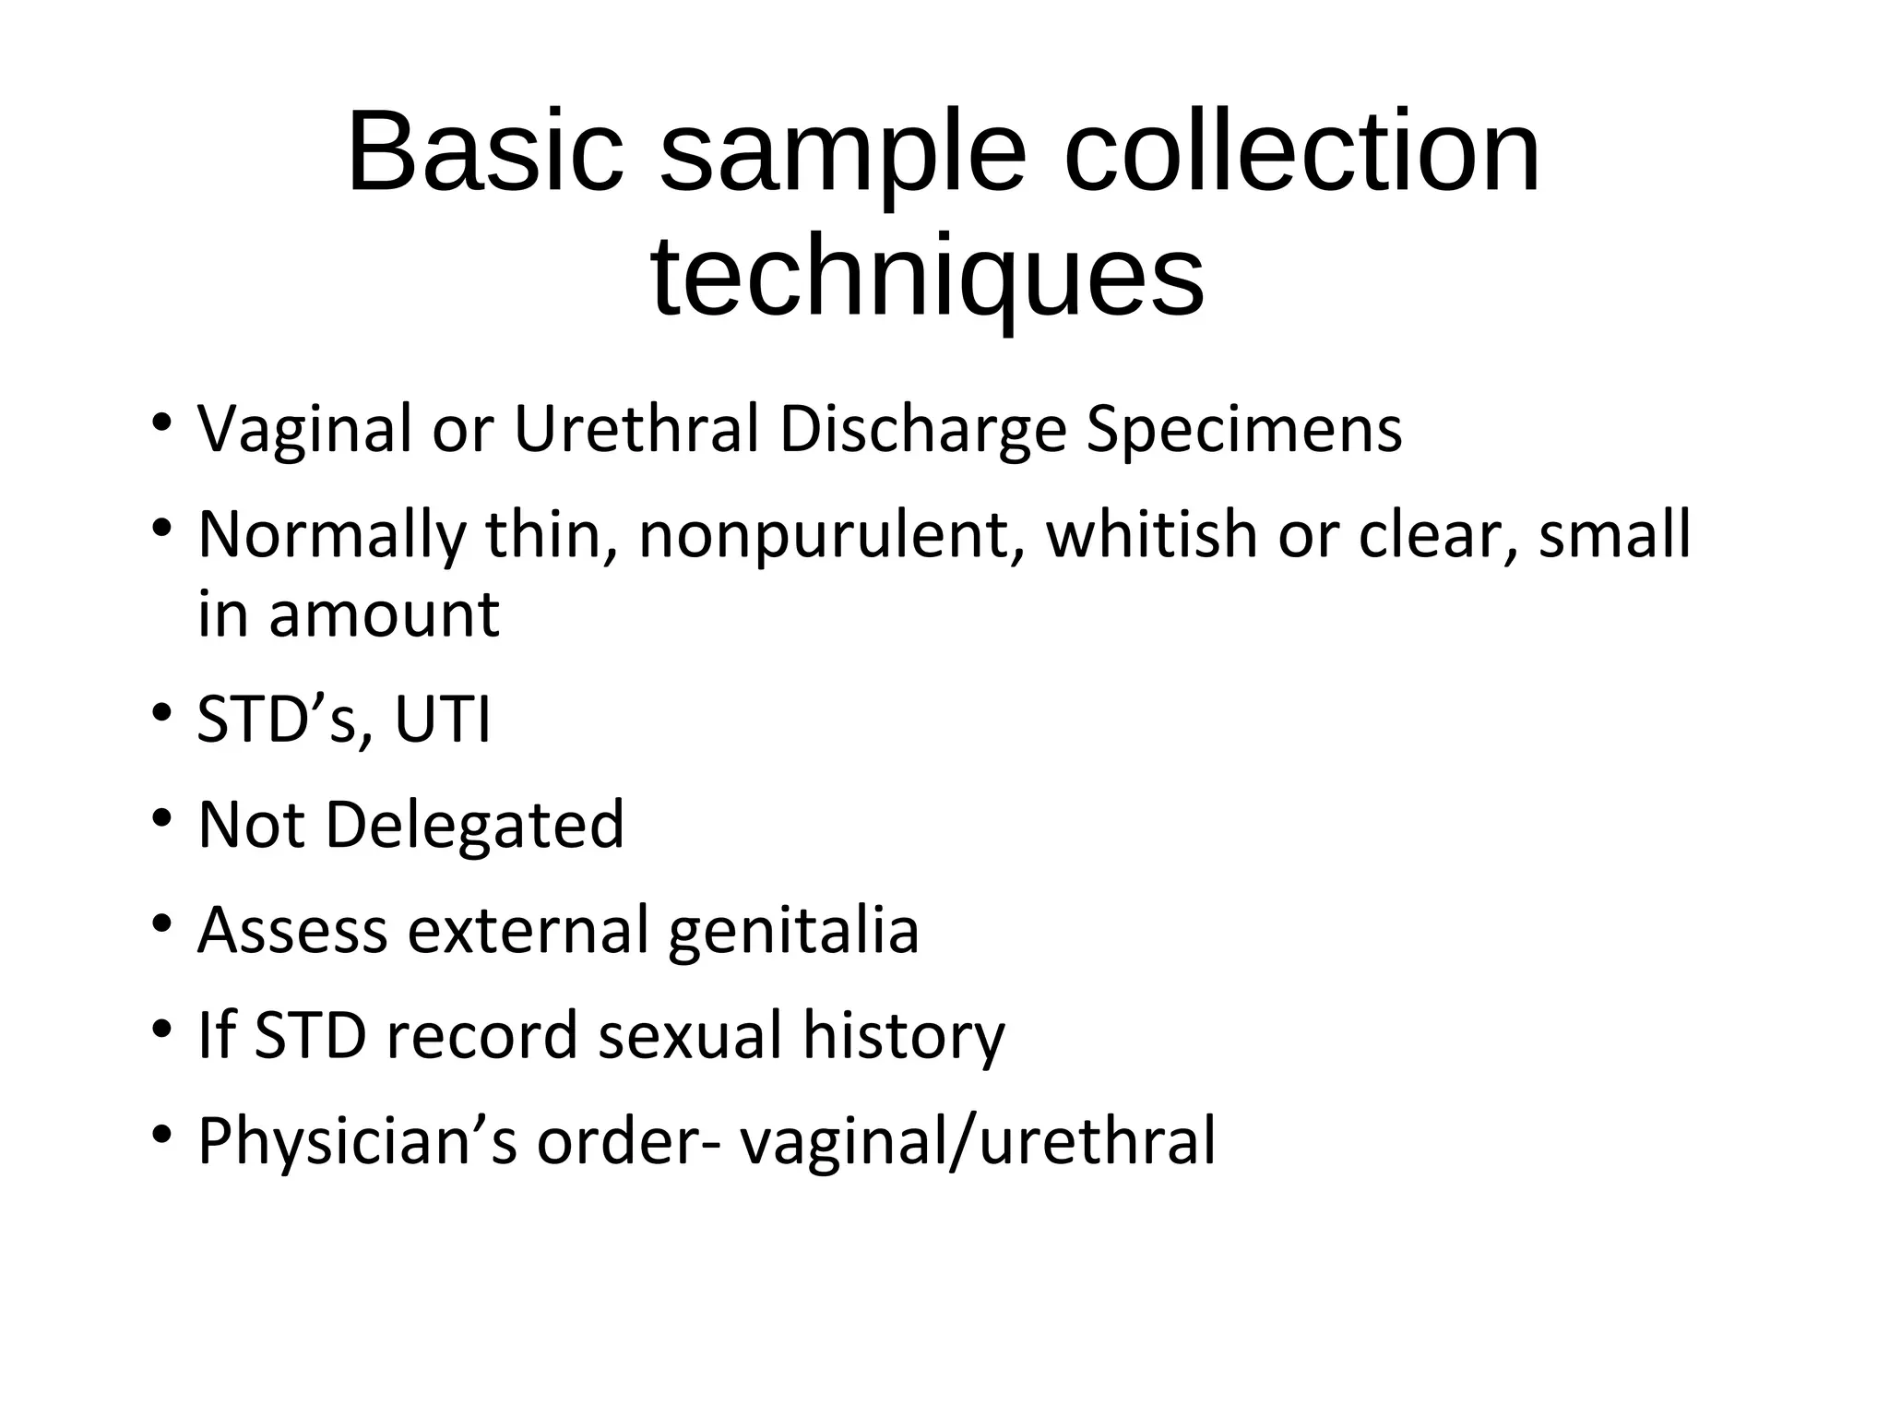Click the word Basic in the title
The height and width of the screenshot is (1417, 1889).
[x=485, y=152]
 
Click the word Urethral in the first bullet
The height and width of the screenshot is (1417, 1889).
[x=636, y=429]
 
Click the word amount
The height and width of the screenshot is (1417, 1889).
[x=385, y=615]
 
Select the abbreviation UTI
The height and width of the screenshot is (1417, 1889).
[x=443, y=720]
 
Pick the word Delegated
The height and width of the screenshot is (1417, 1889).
[x=475, y=824]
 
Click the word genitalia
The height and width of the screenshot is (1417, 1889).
[x=793, y=931]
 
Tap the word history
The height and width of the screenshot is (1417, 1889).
[x=904, y=1035]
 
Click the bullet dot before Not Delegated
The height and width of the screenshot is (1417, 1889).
[x=162, y=818]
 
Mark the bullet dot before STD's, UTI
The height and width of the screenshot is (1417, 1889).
[x=162, y=713]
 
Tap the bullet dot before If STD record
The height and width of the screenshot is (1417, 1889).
[x=162, y=1029]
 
